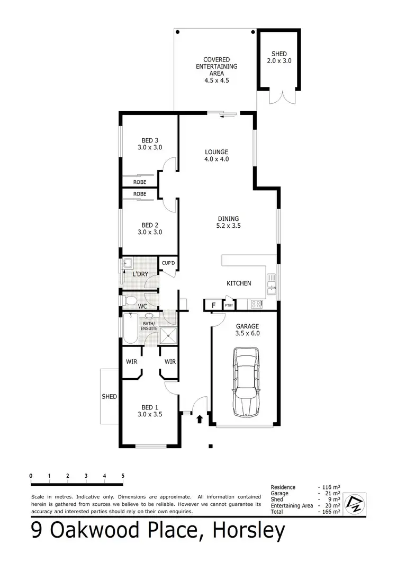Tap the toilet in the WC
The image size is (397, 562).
[x=131, y=301]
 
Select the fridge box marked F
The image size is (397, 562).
[x=213, y=305]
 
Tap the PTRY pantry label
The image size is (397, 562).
[x=229, y=306]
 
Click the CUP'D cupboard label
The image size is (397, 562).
[x=168, y=263]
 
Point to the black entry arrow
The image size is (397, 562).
[x=200, y=420]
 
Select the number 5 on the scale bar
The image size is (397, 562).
[x=123, y=475]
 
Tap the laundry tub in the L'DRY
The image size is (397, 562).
[x=128, y=263]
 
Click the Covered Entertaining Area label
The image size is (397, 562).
[x=216, y=70]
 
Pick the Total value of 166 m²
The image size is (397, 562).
[x=329, y=512]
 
